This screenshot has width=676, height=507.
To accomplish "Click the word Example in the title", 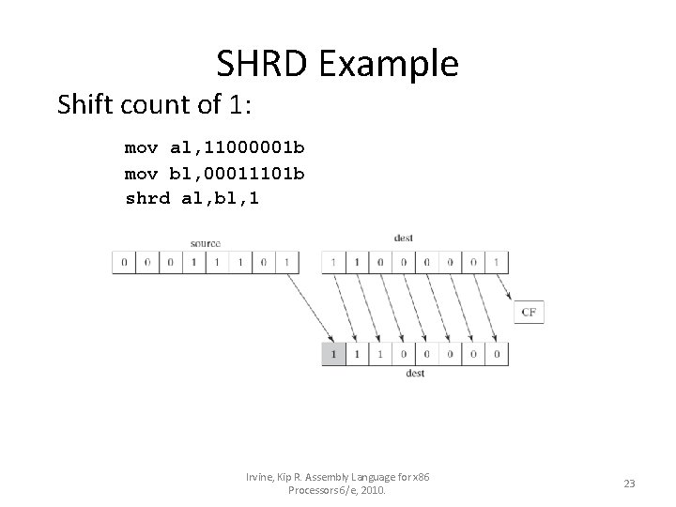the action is click(x=389, y=64).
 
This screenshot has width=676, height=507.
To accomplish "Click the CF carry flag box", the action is click(x=529, y=313).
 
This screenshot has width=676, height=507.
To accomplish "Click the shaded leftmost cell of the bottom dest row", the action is click(x=333, y=355).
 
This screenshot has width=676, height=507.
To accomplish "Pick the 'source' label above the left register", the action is click(x=205, y=243).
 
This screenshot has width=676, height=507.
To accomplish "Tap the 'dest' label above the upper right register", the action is click(x=404, y=238).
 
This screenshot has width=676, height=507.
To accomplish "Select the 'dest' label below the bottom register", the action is click(x=415, y=374).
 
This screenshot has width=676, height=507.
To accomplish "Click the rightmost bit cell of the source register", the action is click(x=287, y=262).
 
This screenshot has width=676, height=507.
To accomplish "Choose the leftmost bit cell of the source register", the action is click(x=124, y=262).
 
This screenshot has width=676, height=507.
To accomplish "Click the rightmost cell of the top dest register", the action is click(x=497, y=262).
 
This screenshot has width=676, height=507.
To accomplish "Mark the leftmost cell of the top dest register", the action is click(x=333, y=262).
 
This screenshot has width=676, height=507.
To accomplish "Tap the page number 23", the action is click(x=630, y=484).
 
